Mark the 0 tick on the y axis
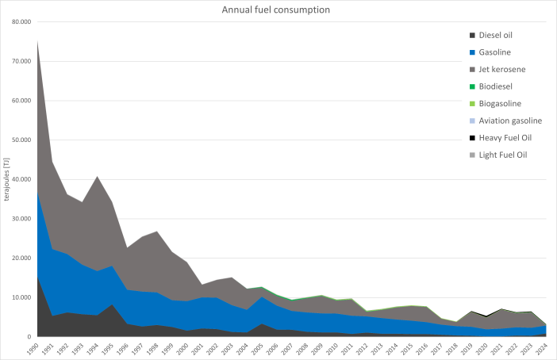[28, 337]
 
